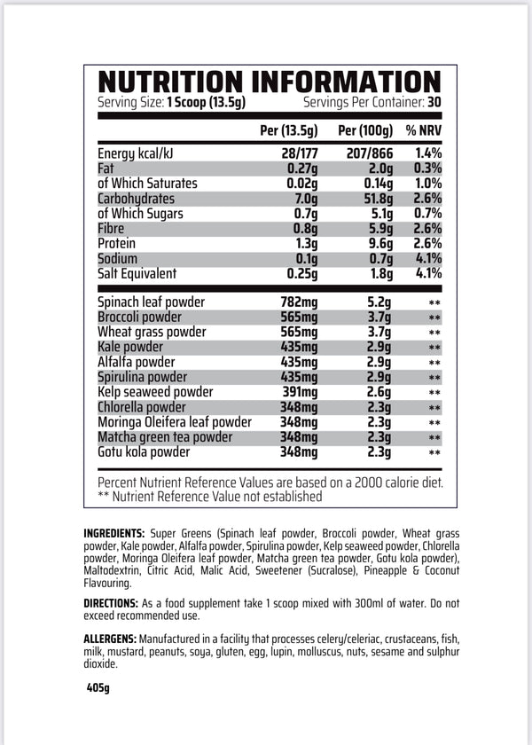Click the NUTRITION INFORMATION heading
[x=269, y=82]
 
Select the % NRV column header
[x=424, y=130]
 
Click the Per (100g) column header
[x=365, y=130]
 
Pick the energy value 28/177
[x=300, y=153]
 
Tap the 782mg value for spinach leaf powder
[x=298, y=302]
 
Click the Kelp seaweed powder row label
[x=155, y=392]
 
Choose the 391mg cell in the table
[x=298, y=392]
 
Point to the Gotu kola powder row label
[x=144, y=452]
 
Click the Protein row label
[x=119, y=244]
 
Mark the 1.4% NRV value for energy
[x=427, y=153]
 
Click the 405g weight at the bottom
[x=98, y=688]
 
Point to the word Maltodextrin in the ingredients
[x=118, y=571]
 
